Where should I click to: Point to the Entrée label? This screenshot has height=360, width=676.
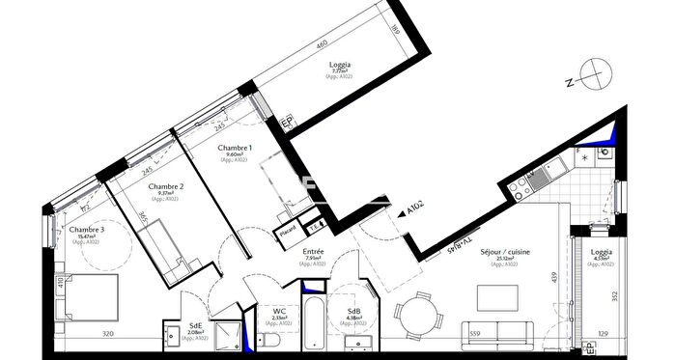click(314, 252)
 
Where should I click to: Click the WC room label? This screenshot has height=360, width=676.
click(276, 310)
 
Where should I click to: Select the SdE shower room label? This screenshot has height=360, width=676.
click(195, 326)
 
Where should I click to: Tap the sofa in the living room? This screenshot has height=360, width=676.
click(496, 331)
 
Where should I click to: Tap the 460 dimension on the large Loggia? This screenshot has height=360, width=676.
click(323, 44)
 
